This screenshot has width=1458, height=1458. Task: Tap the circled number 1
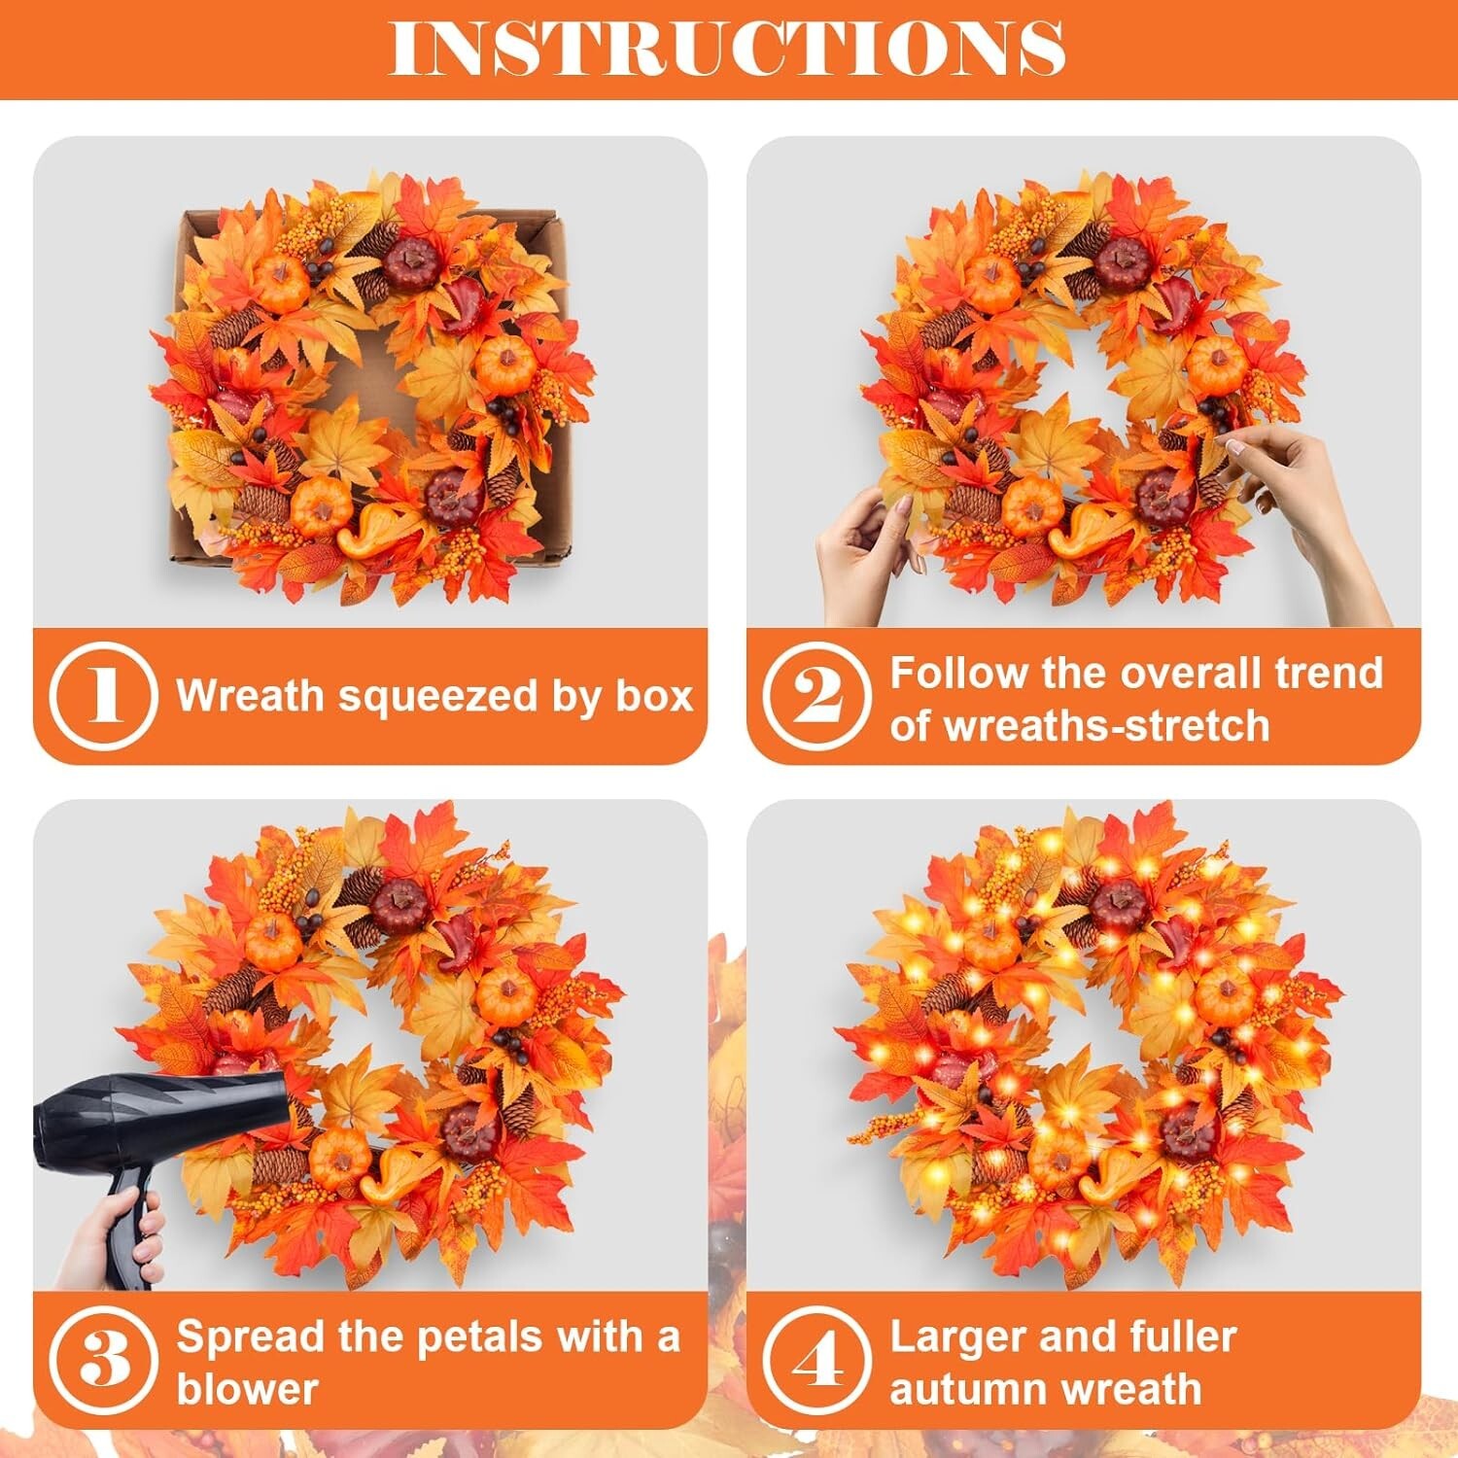coord(103,695)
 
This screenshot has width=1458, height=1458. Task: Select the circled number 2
coord(816,695)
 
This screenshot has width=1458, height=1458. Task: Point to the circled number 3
coord(103,1359)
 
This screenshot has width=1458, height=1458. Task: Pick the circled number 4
coord(816,1359)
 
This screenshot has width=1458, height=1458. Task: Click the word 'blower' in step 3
coord(247,1389)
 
